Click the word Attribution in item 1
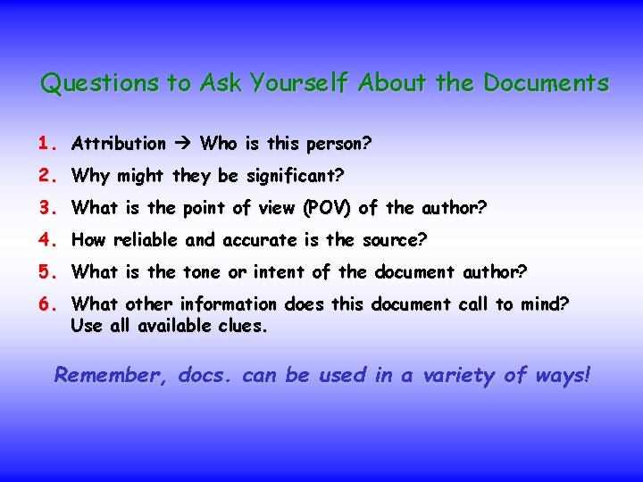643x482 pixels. (119, 144)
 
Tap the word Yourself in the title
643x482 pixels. (300, 84)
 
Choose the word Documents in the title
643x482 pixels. (546, 84)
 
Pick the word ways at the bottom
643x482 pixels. (562, 376)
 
